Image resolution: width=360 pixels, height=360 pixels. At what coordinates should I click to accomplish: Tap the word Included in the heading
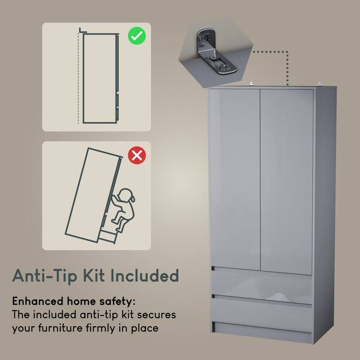point(150,275)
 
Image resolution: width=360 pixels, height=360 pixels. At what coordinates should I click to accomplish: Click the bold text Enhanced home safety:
point(73,301)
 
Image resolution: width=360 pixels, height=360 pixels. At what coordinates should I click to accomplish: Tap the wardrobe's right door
point(287,180)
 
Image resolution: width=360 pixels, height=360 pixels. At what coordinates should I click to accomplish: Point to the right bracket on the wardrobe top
point(320,84)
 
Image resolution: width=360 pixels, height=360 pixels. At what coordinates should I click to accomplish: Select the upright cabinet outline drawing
point(100,77)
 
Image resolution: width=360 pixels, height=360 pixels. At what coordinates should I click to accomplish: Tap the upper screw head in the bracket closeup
point(205,36)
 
